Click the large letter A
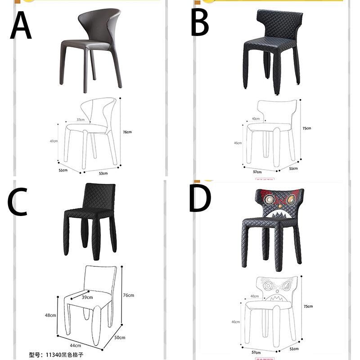(x=21, y=26)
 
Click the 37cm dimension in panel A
(x=81, y=120)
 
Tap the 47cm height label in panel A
(x=54, y=141)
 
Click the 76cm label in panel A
(x=127, y=132)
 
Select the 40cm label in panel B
(x=256, y=119)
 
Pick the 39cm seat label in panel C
(x=87, y=297)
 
